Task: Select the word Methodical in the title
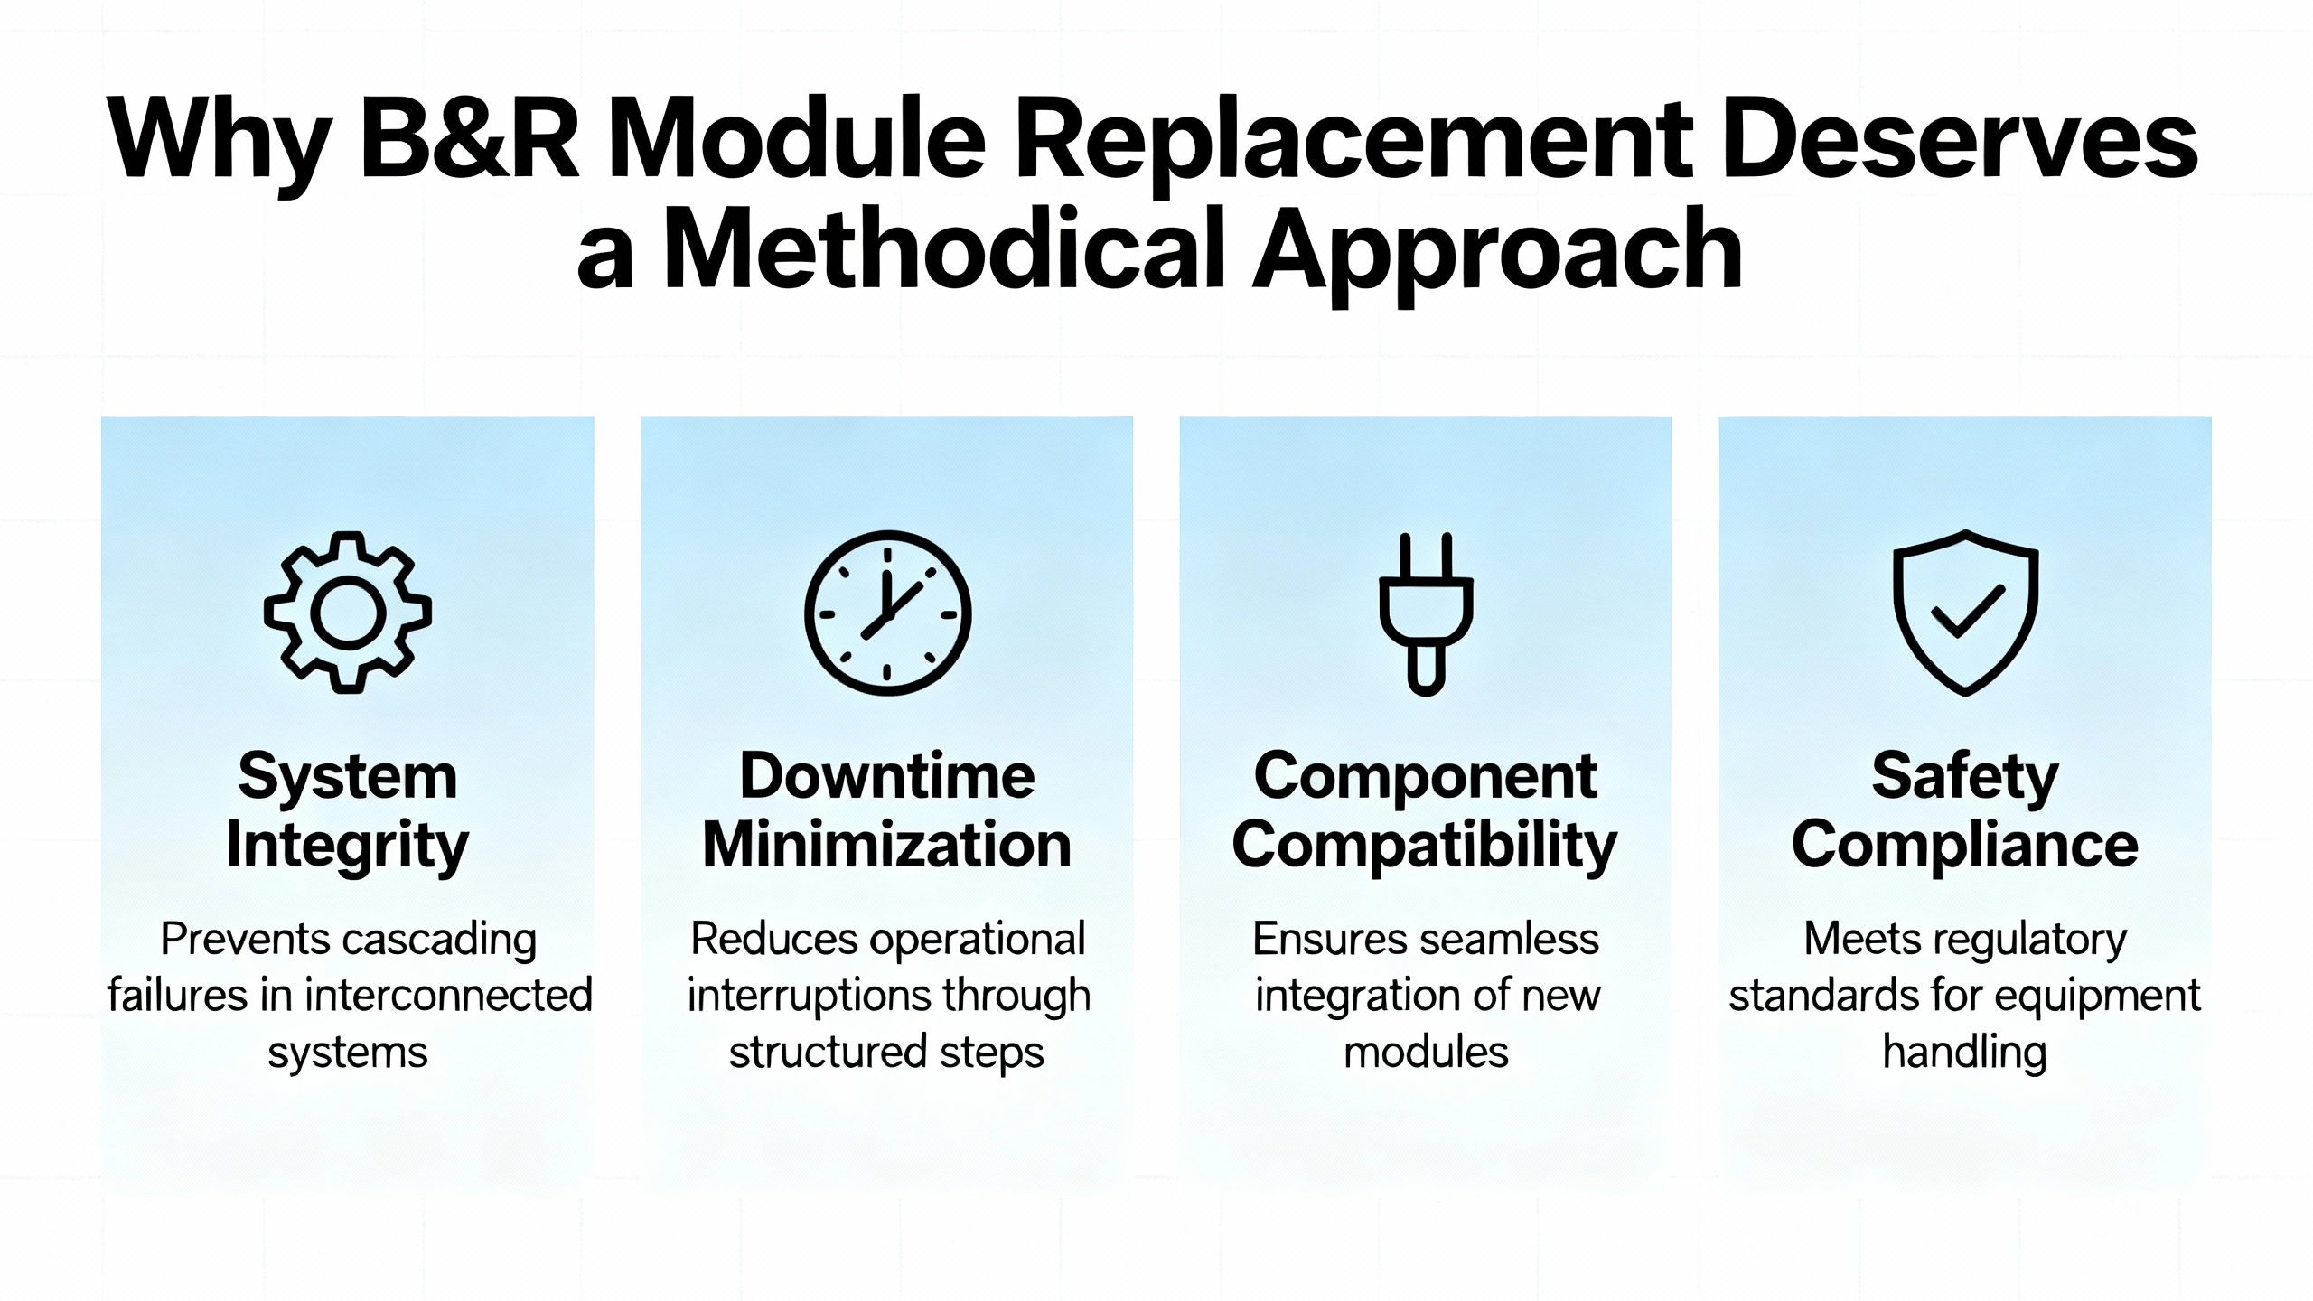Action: coord(943,248)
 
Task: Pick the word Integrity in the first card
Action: coord(348,847)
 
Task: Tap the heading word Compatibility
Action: coord(1425,847)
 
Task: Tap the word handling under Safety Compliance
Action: coord(1965,1053)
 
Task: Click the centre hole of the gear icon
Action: coord(348,613)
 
